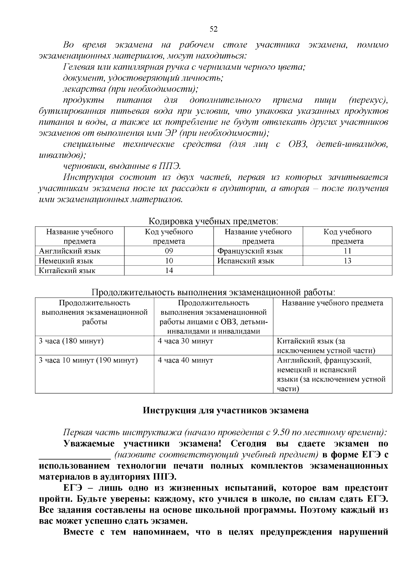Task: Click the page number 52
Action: pyautogui.click(x=213, y=29)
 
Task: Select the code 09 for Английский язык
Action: pyautogui.click(x=169, y=251)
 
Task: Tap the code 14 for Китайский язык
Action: pyautogui.click(x=169, y=271)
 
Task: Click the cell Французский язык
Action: pyautogui.click(x=250, y=251)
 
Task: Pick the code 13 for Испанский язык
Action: pyautogui.click(x=347, y=261)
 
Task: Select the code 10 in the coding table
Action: pyautogui.click(x=169, y=261)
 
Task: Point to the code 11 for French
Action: pyautogui.click(x=347, y=251)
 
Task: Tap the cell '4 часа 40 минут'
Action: pyautogui.click(x=186, y=360)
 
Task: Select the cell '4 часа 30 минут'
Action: pyautogui.click(x=186, y=341)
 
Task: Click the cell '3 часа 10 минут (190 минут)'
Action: pyautogui.click(x=88, y=360)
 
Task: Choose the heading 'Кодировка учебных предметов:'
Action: pyautogui.click(x=213, y=221)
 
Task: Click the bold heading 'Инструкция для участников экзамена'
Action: pyautogui.click(x=225, y=410)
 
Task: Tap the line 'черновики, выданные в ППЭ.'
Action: pyautogui.click(x=122, y=166)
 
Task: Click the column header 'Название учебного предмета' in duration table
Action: pyautogui.click(x=332, y=303)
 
